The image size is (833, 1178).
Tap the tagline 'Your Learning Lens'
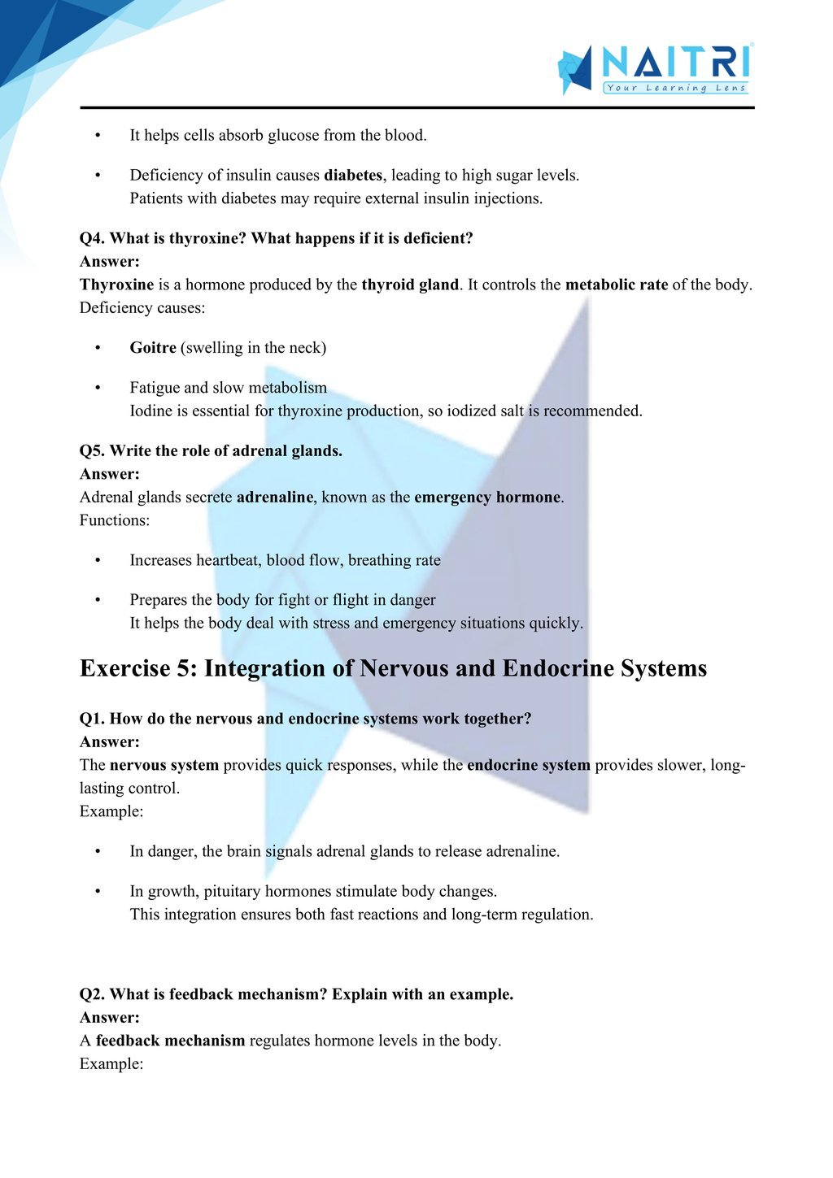(x=675, y=88)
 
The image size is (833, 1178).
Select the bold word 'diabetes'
(x=353, y=175)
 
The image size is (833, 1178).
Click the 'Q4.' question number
(x=92, y=238)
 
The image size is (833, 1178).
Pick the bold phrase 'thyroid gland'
(x=410, y=285)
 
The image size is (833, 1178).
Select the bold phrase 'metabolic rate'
(x=616, y=285)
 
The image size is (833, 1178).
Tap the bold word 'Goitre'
(x=153, y=348)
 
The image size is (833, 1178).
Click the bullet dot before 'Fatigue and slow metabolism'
(x=98, y=388)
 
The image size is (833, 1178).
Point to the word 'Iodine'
(x=152, y=411)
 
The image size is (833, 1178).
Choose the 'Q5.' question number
(x=92, y=450)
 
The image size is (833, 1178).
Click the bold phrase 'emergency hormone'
(x=487, y=497)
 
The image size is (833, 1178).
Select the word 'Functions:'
(x=115, y=520)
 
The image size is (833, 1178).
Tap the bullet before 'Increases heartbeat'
(x=98, y=560)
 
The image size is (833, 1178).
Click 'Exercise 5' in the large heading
(x=136, y=668)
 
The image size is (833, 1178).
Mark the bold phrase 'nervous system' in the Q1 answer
(x=164, y=765)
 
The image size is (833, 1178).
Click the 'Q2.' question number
(x=92, y=994)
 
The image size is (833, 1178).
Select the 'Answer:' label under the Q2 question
(x=110, y=1017)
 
